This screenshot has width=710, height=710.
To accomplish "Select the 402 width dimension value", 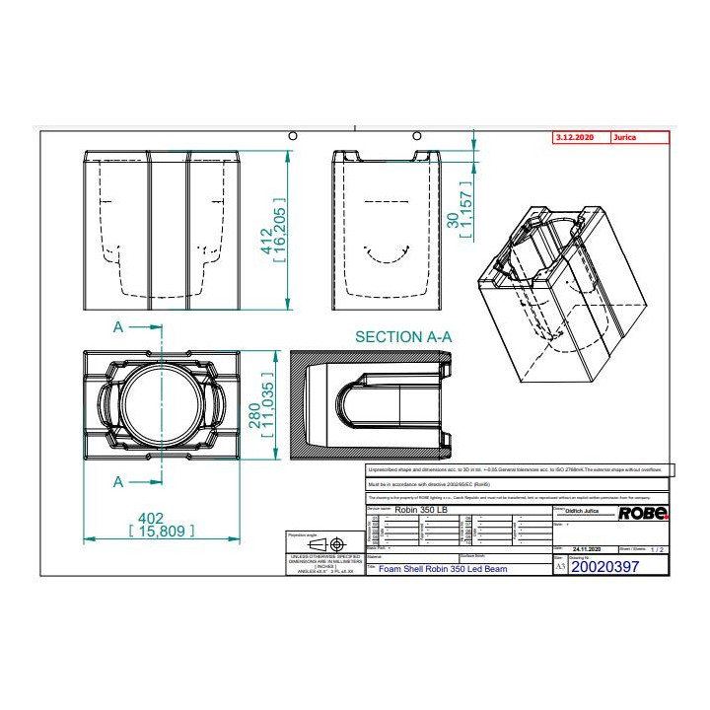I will point(150,517).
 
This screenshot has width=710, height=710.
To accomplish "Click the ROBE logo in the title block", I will point(643,513).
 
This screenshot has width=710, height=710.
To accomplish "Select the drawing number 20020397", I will point(605,567).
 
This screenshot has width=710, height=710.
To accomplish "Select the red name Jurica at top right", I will point(624,138).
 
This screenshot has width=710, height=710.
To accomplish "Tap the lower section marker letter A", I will point(118,481).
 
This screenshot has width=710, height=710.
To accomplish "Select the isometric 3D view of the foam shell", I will point(557,286).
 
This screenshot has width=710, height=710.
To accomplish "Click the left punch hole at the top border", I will point(292,134).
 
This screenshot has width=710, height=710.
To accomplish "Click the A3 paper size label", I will point(561,568).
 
